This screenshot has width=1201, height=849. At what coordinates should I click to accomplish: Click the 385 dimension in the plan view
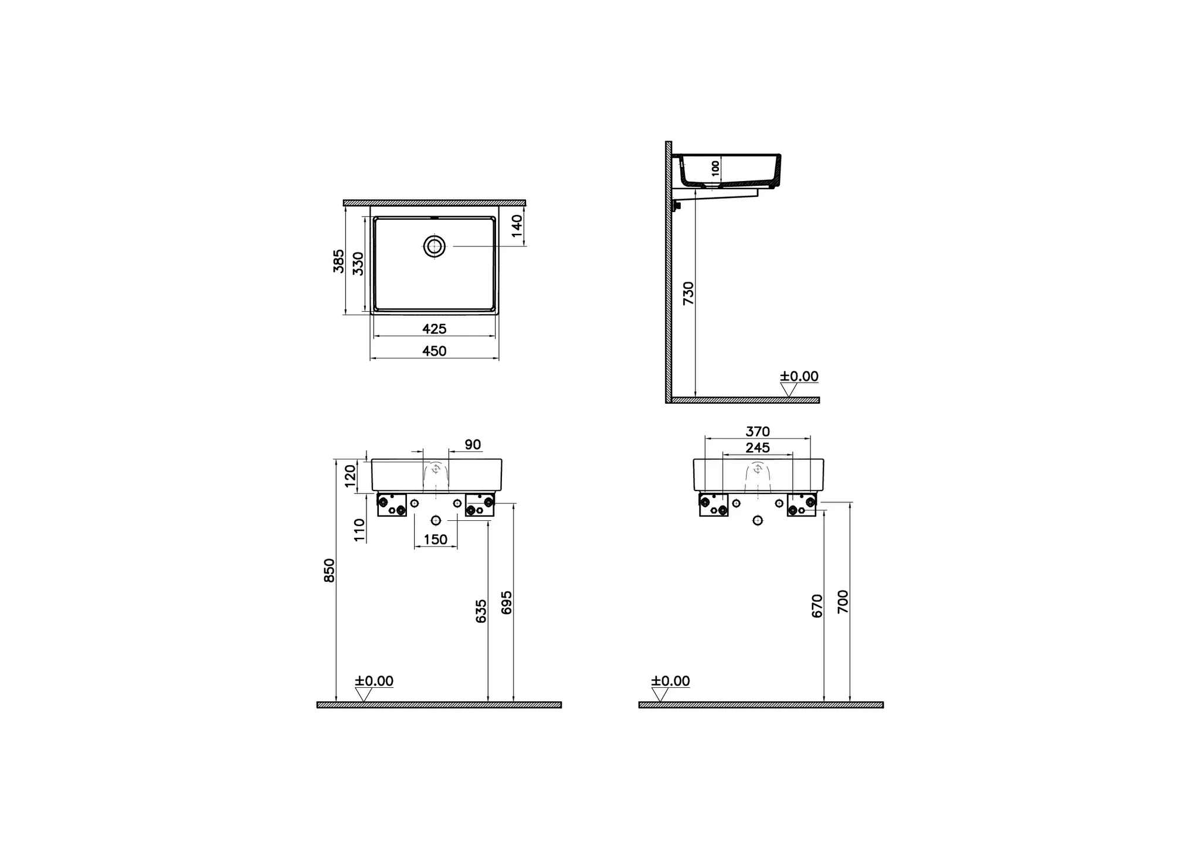click(338, 261)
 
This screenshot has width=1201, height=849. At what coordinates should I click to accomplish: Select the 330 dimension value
click(358, 264)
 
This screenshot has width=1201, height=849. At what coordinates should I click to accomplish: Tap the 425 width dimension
click(435, 329)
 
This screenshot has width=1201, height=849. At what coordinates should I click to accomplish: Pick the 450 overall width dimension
click(435, 351)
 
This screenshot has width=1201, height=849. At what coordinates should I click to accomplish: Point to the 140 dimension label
click(517, 226)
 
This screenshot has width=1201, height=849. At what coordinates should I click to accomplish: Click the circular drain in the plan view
click(435, 247)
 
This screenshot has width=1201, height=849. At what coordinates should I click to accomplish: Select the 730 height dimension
click(688, 293)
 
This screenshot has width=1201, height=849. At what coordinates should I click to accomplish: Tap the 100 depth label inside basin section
click(715, 168)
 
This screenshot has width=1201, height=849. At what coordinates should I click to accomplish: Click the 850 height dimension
click(330, 570)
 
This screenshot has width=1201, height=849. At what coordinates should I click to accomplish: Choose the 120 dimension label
click(351, 476)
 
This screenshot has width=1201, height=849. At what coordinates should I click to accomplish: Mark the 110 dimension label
click(359, 530)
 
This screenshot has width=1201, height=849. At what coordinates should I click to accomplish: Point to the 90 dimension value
click(473, 445)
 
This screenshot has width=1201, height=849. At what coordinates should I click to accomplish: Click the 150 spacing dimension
click(436, 540)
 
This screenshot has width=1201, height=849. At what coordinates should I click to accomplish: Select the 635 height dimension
click(481, 611)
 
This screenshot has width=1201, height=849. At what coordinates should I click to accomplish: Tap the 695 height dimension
click(507, 603)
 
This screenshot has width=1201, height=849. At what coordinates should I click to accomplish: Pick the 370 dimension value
click(758, 432)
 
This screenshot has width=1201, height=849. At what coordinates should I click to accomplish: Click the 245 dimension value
click(758, 448)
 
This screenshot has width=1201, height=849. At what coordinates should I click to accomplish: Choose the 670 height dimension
click(817, 606)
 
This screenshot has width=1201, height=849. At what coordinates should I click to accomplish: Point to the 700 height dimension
click(843, 602)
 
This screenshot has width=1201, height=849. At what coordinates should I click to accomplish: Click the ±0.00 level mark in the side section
click(799, 377)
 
